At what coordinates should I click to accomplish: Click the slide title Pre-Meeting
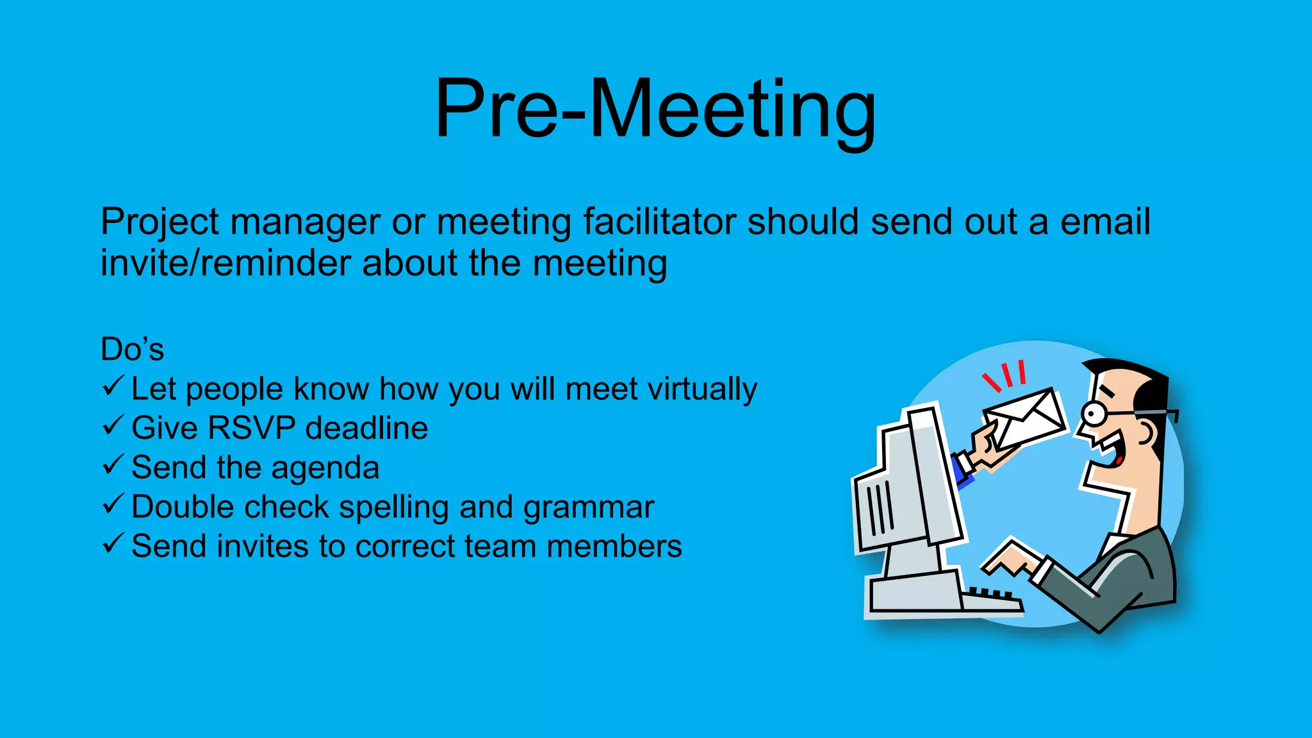(x=655, y=109)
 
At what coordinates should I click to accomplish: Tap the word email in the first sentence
(x=1105, y=222)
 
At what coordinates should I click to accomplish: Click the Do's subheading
(x=132, y=350)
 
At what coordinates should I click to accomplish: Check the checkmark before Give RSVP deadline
(x=113, y=425)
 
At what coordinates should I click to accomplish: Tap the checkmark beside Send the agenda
(x=113, y=465)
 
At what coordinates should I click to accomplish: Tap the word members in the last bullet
(x=614, y=546)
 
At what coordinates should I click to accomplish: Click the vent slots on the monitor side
(x=879, y=509)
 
